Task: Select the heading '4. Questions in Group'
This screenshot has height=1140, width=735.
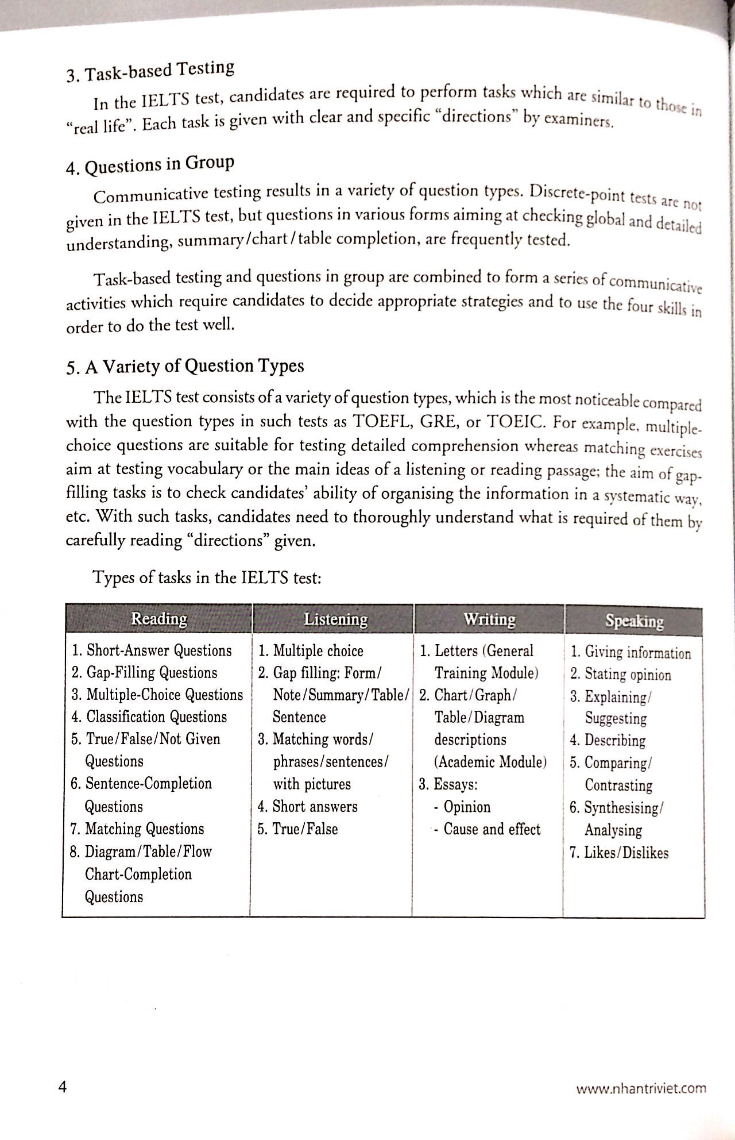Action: click(x=150, y=165)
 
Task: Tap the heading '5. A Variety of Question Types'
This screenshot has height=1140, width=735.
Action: click(x=185, y=366)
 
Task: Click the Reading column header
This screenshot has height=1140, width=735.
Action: click(x=159, y=619)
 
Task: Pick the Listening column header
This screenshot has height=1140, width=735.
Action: click(x=335, y=619)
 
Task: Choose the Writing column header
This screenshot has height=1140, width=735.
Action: click(x=489, y=619)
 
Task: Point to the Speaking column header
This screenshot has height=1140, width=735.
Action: click(x=634, y=621)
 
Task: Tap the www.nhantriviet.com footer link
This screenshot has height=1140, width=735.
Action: click(x=641, y=1088)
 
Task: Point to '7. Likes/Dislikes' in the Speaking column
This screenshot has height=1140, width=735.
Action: click(x=619, y=853)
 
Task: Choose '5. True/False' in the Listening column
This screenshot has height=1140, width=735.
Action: click(x=297, y=829)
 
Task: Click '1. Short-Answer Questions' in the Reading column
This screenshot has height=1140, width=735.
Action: click(x=152, y=650)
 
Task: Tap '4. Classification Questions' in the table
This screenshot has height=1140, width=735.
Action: click(x=149, y=717)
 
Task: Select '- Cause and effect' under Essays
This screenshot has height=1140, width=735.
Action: click(x=487, y=829)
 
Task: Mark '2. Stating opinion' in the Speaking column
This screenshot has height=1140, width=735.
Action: click(x=620, y=675)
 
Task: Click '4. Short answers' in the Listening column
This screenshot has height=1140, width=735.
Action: click(x=307, y=807)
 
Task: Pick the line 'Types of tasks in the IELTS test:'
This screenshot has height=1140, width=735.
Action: click(x=207, y=577)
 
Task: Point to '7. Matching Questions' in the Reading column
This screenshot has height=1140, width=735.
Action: click(x=137, y=829)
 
